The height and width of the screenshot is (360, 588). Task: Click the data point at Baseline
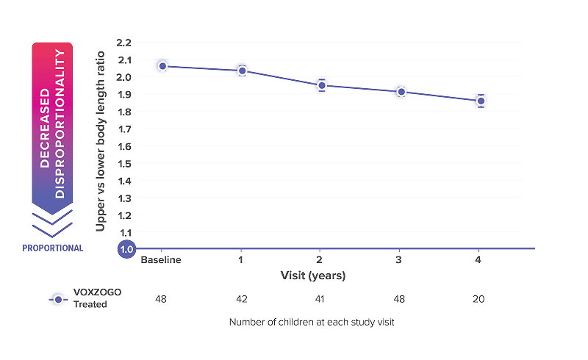click(x=162, y=65)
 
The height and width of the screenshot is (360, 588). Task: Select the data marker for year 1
click(x=241, y=70)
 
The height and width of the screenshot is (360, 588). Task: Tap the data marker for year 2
click(x=320, y=85)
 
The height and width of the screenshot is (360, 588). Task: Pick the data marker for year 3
click(x=400, y=92)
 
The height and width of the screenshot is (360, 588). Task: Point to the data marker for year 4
click(x=480, y=101)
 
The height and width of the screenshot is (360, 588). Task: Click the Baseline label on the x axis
click(x=162, y=259)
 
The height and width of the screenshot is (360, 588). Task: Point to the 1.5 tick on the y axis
click(x=126, y=163)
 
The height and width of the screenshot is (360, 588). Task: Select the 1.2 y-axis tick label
click(x=126, y=215)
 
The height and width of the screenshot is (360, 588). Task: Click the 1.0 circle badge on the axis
click(x=126, y=250)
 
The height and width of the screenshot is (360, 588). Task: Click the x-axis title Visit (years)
click(x=312, y=276)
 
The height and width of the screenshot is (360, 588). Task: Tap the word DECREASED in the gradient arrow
click(x=46, y=129)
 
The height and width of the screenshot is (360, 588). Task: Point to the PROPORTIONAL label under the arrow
click(x=53, y=248)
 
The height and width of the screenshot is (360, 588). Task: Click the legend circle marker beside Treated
click(x=58, y=298)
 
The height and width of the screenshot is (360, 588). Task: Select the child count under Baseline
click(x=162, y=298)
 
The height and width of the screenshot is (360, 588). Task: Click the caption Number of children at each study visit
click(x=312, y=322)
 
